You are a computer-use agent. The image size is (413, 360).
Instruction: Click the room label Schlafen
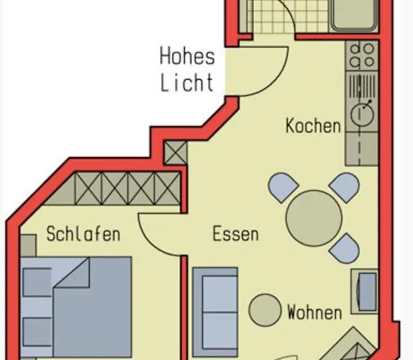click(83, 234)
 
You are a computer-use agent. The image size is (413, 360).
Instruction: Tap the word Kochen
click(313, 126)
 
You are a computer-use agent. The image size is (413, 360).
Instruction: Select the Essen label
click(235, 233)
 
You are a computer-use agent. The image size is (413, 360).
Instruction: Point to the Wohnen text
click(314, 312)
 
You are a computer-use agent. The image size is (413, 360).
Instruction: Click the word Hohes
click(187, 56)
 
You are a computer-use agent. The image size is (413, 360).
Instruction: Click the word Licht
click(187, 83)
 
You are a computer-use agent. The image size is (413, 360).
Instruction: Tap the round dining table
click(314, 218)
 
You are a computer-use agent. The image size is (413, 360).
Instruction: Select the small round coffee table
click(265, 310)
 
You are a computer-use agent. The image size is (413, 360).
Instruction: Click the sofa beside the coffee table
click(215, 312)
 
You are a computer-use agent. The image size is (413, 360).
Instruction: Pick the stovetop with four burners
click(362, 55)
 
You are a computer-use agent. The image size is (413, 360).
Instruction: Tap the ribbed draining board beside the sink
click(362, 86)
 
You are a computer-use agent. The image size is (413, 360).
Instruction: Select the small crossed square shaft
click(176, 153)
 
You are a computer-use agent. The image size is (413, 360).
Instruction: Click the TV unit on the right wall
click(365, 291)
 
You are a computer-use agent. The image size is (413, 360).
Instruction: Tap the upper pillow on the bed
click(37, 282)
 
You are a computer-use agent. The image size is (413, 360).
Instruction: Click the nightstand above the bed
click(29, 246)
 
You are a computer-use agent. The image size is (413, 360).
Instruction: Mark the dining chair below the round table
click(345, 248)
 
